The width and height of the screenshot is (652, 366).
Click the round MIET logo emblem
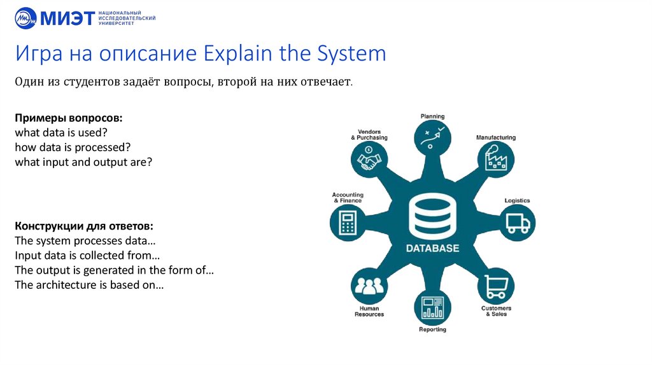pos(25,18)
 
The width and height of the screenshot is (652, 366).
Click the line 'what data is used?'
pos(60,133)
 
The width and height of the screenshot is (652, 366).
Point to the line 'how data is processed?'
pos(72,147)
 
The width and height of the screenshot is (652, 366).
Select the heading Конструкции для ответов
pos(83,226)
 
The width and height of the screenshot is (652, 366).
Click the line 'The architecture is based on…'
pos(89,285)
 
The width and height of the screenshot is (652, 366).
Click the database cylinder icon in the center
pos(432,216)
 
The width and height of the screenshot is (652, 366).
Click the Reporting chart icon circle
pos(432,307)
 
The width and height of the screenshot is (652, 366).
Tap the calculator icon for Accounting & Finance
pos(348,223)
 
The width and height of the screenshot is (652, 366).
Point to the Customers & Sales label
pos(496,311)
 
